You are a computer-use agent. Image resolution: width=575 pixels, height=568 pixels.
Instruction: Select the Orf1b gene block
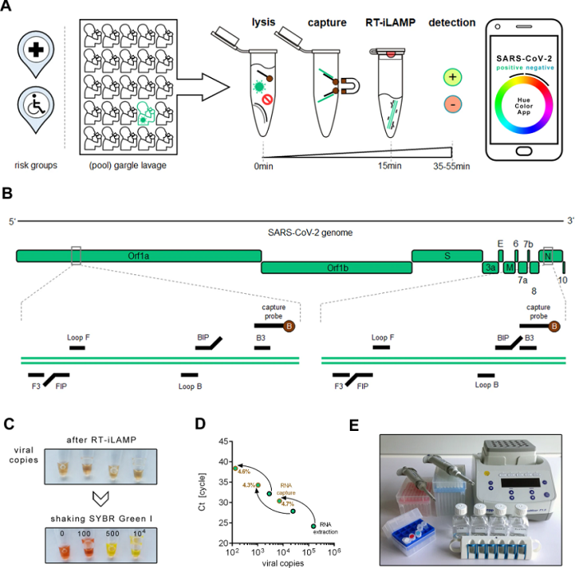[x=336, y=268]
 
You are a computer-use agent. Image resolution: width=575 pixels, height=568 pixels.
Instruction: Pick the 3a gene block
[x=490, y=268]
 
